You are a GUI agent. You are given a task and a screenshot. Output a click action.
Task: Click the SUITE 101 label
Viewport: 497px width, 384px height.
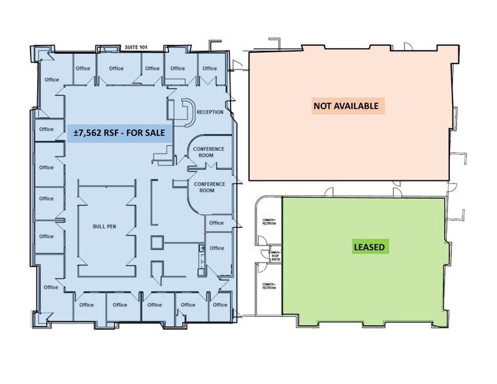coord(136,48)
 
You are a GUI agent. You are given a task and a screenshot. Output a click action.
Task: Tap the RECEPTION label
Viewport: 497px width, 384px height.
coord(209,112)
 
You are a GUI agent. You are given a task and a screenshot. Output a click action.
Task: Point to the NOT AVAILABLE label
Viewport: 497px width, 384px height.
coord(345,105)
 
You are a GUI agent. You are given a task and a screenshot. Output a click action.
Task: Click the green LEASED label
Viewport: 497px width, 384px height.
coord(369,247)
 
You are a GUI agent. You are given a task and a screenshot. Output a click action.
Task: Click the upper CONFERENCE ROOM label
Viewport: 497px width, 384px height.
coord(208,152)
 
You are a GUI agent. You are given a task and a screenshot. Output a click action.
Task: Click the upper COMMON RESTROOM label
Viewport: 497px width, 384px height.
coord(268,221)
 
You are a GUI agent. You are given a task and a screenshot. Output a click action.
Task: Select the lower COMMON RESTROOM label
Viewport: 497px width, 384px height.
coord(268,286)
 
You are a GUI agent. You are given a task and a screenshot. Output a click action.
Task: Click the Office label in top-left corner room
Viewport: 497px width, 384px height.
coord(51,80)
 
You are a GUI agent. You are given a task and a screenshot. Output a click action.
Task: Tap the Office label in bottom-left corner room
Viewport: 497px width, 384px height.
coord(51,287)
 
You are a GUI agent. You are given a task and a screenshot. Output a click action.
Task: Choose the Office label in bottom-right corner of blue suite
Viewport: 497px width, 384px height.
coord(220,304)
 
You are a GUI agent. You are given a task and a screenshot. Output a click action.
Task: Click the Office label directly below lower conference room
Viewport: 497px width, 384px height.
coord(216,223)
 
